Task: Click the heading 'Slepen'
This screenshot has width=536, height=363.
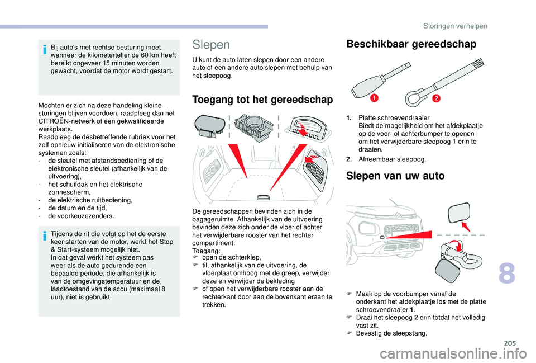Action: [210, 44]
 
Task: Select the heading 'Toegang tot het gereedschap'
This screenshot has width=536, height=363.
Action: [262, 100]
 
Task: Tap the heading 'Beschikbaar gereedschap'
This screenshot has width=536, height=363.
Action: [411, 44]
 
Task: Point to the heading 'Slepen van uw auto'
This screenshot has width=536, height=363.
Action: [395, 176]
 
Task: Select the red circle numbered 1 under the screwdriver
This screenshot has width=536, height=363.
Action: [372, 99]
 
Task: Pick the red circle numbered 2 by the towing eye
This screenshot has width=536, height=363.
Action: [435, 99]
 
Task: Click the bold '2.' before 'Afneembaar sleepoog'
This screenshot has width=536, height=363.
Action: [349, 159]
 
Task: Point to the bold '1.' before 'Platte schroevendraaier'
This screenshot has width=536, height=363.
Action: [349, 118]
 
